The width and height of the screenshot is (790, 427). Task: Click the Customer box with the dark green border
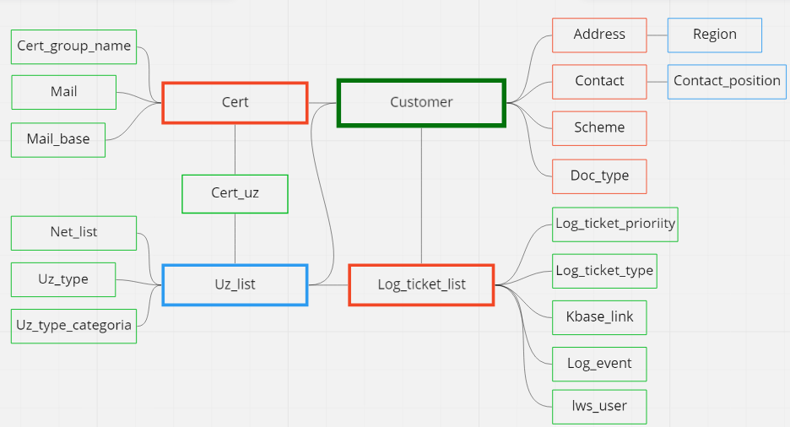(421, 102)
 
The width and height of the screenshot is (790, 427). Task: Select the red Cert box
(235, 102)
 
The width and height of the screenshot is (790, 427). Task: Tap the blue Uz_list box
(235, 284)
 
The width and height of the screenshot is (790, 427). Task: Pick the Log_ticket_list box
(421, 284)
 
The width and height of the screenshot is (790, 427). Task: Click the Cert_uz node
(235, 193)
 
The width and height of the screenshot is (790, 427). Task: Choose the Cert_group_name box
(74, 46)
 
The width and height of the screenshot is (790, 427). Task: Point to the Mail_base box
(57, 139)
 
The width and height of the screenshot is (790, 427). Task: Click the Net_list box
(73, 232)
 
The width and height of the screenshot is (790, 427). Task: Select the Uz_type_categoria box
(74, 325)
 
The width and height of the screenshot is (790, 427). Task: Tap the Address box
(599, 35)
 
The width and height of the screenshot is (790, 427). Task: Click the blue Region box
(714, 35)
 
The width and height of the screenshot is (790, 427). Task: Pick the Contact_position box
(727, 81)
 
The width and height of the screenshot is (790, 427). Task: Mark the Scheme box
(599, 127)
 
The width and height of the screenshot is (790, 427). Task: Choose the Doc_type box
(599, 176)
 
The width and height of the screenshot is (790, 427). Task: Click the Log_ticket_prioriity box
(615, 224)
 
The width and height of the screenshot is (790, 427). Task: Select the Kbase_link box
(599, 317)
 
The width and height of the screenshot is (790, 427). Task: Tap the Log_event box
(599, 364)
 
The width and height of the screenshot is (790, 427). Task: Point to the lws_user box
(599, 406)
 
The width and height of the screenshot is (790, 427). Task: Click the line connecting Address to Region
(657, 35)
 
